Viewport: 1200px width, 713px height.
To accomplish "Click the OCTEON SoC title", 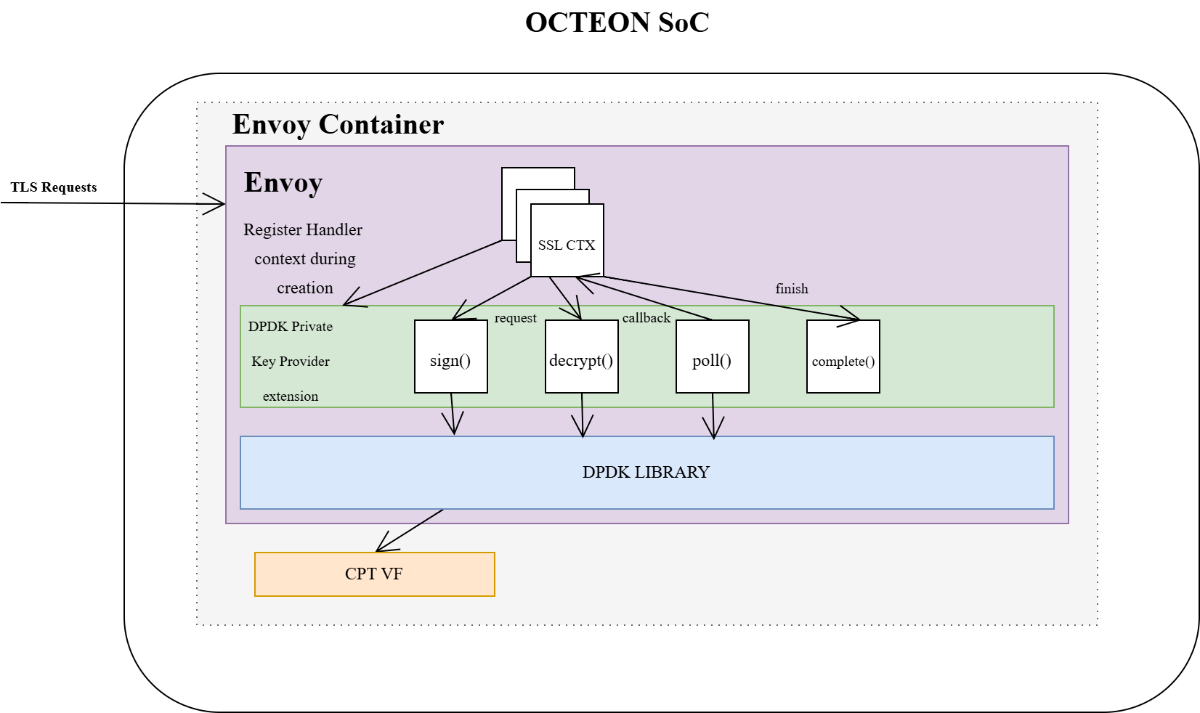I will [x=617, y=23].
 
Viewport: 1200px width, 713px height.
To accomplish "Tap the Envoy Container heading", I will [x=338, y=124].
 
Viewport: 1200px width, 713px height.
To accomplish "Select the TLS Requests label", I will [x=54, y=187].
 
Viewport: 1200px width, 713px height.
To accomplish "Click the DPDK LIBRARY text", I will [x=646, y=472].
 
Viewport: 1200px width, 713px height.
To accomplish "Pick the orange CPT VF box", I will [x=374, y=574].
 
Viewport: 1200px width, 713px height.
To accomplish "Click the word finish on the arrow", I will [x=791, y=289].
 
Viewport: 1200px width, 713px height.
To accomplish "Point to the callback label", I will [x=646, y=318].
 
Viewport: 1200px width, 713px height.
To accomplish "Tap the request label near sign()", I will [x=515, y=318].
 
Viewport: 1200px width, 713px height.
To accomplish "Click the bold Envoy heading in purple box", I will [x=283, y=182].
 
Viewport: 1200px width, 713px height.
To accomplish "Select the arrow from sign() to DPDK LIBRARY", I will [x=453, y=414].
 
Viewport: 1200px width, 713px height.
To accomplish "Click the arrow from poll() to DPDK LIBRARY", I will [x=713, y=416].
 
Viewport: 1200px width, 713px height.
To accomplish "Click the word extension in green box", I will [x=290, y=396].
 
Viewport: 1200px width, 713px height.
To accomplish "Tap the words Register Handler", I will [x=303, y=230].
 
